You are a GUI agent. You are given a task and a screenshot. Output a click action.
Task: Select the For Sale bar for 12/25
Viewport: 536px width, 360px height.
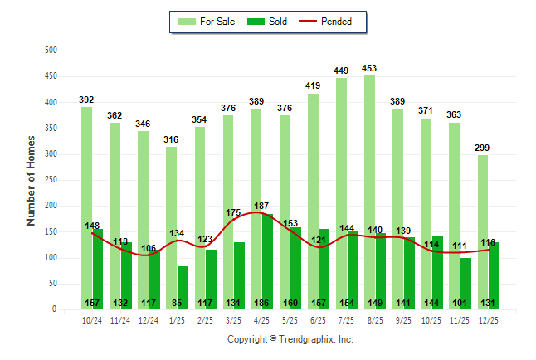483,232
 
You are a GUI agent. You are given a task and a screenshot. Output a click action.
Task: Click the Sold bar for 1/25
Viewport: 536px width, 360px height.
183,287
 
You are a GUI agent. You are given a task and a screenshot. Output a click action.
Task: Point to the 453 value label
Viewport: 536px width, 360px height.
369,68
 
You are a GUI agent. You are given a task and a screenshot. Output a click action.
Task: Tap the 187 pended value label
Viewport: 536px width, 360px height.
261,205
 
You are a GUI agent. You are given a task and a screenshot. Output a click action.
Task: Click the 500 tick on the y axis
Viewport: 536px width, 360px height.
50,51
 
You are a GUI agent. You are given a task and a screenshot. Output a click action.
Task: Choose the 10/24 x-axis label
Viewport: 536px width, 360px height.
92,320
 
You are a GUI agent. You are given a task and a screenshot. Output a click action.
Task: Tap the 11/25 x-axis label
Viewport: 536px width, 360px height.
460,320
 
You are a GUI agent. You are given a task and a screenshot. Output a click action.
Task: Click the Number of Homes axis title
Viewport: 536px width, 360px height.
31,180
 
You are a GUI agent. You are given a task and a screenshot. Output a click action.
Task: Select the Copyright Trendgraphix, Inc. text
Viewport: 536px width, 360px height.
290,339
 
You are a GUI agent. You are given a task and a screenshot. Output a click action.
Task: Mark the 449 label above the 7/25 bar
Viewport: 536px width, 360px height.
341,71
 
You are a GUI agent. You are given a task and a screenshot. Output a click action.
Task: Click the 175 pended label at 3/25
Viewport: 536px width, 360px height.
233,213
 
